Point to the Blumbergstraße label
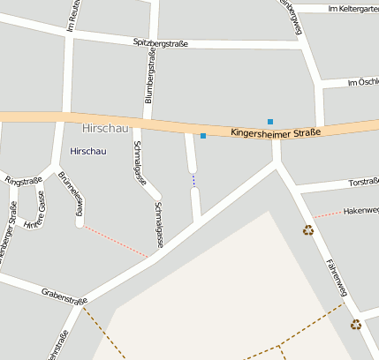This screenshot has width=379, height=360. pos(149,78)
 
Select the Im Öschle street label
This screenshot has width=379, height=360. pos(362,82)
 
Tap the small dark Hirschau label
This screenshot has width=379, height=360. pos(87,151)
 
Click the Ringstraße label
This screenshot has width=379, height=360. pos(24,180)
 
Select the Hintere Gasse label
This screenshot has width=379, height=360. pos(34,216)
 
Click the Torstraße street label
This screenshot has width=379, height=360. pos(363,183)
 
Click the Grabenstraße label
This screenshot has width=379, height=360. pos(64,296)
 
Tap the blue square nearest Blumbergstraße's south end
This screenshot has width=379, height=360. pos(203,136)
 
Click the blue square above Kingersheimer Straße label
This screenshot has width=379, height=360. pos(270,121)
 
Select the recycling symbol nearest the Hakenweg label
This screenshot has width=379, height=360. pos(308,230)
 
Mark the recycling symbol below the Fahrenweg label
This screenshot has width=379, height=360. pos(355,325)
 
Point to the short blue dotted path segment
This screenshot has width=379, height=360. pos(193,180)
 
